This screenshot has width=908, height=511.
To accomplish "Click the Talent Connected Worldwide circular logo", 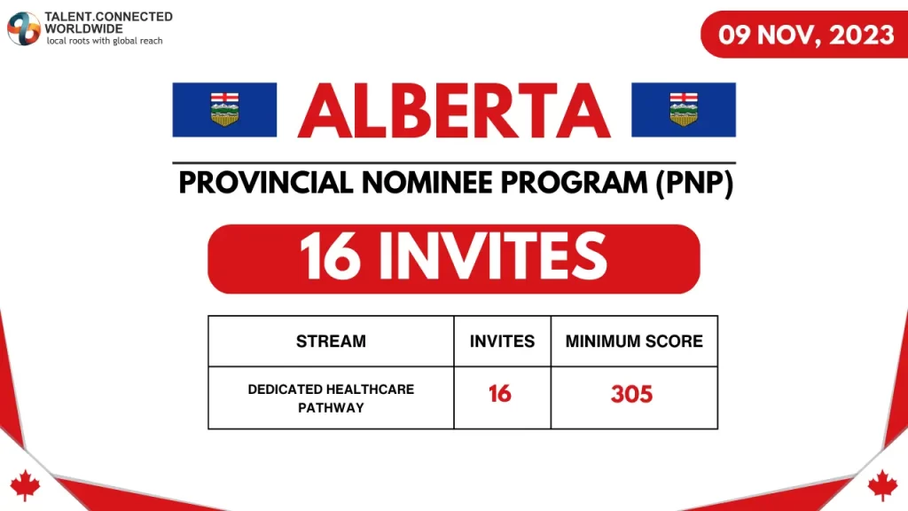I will [24, 28].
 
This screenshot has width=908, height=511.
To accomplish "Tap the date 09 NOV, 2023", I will [806, 35].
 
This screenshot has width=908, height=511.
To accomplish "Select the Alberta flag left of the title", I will [223, 109].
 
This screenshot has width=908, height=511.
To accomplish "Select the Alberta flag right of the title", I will [683, 109].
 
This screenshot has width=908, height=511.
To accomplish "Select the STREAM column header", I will [331, 341].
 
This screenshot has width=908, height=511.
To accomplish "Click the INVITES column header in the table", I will [502, 341].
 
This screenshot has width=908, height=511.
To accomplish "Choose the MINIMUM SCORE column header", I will [634, 341].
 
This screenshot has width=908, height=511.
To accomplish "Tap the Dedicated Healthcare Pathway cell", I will [331, 397].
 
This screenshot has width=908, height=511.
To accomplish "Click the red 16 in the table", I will [500, 394].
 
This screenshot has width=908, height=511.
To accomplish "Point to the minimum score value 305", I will [631, 394].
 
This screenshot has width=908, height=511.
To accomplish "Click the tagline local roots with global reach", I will [104, 41].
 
